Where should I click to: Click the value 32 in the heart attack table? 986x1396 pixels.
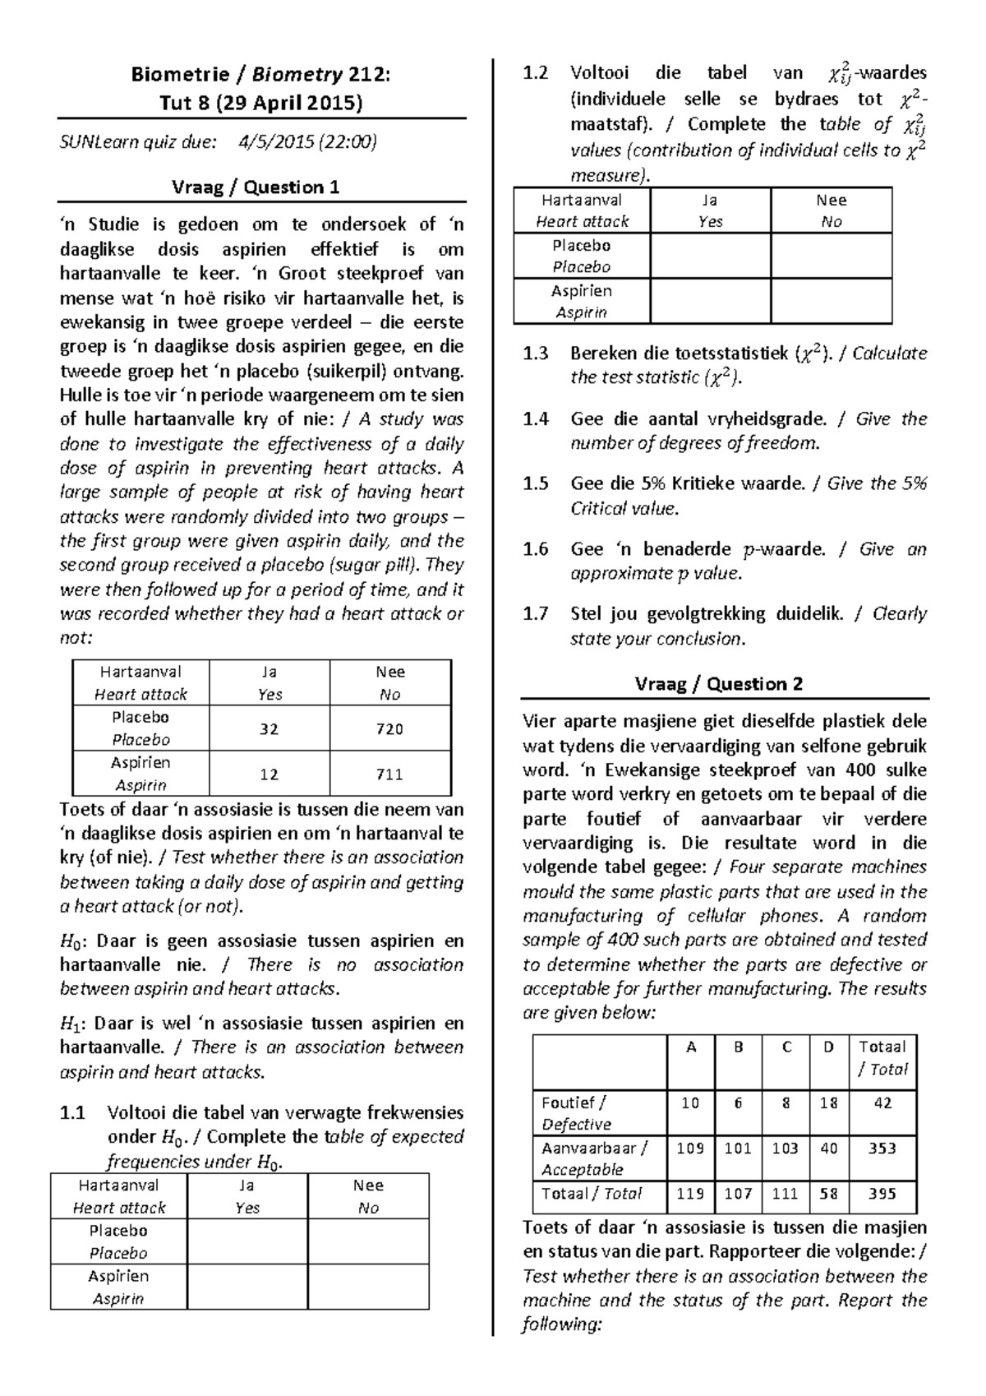pos(269,728)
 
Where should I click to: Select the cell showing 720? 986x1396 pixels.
pos(389,728)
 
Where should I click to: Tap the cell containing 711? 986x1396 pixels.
pos(389,774)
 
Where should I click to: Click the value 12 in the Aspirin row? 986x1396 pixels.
pos(269,774)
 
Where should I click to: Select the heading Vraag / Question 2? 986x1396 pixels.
pos(718,684)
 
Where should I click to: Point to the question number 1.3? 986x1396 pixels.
pos(535,354)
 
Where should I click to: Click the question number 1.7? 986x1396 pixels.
pos(535,614)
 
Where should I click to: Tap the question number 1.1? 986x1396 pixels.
pos(72,1113)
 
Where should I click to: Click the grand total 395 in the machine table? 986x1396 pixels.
pos(882,1194)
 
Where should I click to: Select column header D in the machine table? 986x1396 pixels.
pos(828,1047)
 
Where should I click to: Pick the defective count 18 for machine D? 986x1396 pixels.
pos(828,1103)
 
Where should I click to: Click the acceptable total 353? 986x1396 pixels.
pos(882,1149)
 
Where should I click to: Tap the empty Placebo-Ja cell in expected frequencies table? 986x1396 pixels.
pos(246,1241)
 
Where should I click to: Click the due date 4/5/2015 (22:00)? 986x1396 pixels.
pos(307,142)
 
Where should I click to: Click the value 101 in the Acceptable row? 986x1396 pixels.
pos(738,1149)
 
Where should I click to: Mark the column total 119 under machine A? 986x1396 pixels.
pos(690,1194)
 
